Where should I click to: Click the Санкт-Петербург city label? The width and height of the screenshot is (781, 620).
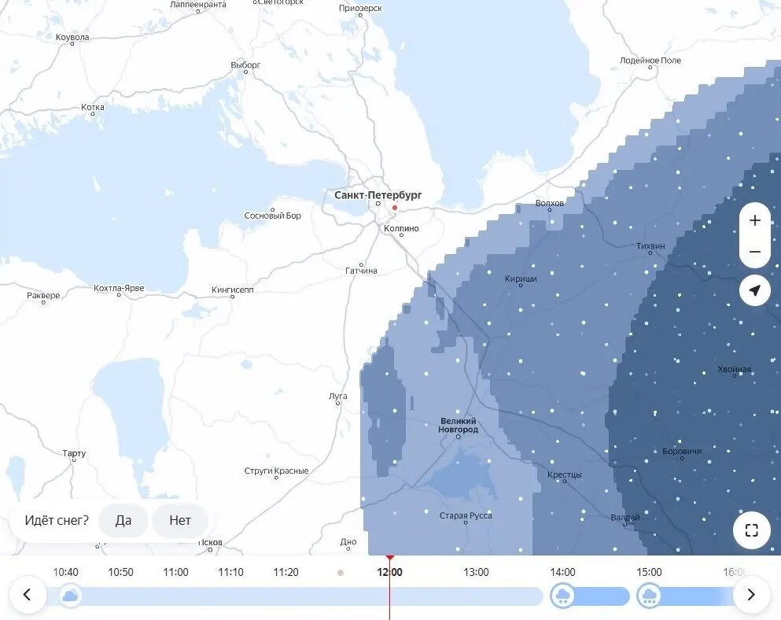click(x=378, y=194)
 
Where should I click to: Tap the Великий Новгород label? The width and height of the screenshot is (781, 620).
click(x=459, y=425)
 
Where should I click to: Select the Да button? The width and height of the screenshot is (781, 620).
click(x=123, y=520)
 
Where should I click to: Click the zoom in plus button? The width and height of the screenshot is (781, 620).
click(x=755, y=220)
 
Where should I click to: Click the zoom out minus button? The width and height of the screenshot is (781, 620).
click(x=755, y=252)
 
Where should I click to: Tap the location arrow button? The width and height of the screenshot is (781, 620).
click(x=755, y=291)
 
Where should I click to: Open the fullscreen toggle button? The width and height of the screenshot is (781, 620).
click(x=751, y=530)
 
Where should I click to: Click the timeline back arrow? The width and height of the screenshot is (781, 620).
click(x=28, y=595)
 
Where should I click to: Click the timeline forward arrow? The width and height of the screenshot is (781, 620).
click(x=751, y=595)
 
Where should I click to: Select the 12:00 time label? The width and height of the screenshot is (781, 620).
click(x=389, y=572)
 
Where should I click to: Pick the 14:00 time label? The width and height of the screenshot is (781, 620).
click(x=562, y=572)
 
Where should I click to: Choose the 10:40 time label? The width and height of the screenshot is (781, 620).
click(x=65, y=572)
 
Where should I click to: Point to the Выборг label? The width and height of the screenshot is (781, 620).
click(x=245, y=65)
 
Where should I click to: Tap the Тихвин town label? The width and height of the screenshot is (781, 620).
click(x=650, y=246)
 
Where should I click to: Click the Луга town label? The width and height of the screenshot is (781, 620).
click(x=337, y=396)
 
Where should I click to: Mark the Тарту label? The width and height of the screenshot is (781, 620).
click(x=74, y=453)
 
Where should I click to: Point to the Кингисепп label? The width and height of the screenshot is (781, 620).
click(x=233, y=290)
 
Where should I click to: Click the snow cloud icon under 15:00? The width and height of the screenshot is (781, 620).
click(x=649, y=596)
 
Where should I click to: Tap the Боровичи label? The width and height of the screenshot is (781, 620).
click(x=682, y=451)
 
